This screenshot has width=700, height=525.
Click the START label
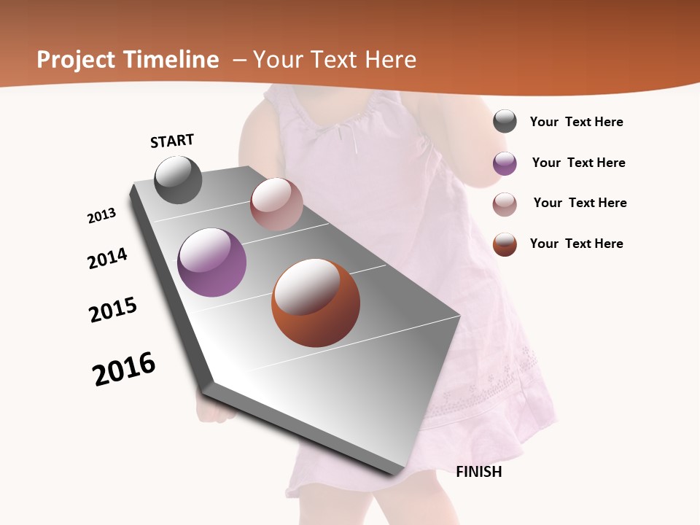(172, 141)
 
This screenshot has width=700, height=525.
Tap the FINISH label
(479, 472)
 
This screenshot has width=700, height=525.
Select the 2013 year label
(101, 216)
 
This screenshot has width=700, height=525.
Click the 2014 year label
(107, 258)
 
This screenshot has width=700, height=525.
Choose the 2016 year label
(124, 369)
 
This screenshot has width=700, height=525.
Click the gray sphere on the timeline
(178, 179)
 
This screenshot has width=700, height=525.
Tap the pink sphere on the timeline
(276, 204)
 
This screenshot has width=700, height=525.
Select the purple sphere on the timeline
(211, 262)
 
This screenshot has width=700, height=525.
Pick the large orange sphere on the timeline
(316, 303)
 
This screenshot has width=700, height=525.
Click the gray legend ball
(505, 121)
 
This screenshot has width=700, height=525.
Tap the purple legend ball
(505, 163)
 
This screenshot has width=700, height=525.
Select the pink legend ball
(505, 204)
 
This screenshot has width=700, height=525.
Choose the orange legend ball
(505, 244)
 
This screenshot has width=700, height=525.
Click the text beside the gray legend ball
(576, 122)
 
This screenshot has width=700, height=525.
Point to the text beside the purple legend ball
(578, 163)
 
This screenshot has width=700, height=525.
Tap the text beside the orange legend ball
(576, 244)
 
